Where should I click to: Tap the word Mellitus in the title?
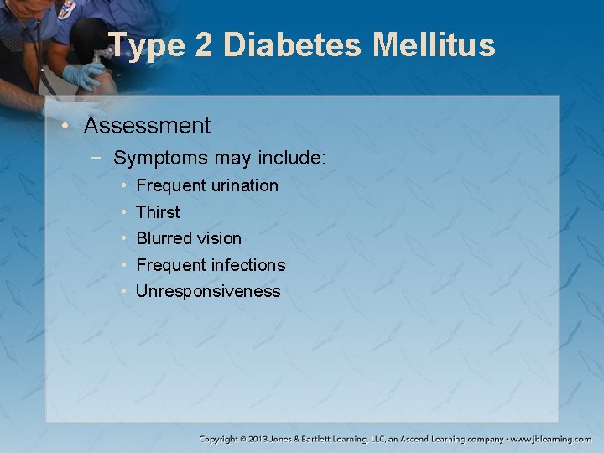(x=435, y=44)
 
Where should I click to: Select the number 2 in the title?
(x=204, y=44)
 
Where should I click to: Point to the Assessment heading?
(x=147, y=126)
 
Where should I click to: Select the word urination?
(x=244, y=185)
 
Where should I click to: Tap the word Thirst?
(x=158, y=212)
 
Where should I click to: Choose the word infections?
(x=247, y=265)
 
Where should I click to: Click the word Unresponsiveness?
(x=208, y=292)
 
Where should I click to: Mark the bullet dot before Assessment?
(x=73, y=127)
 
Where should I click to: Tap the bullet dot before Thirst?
(x=123, y=212)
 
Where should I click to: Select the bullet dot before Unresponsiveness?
(x=123, y=292)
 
